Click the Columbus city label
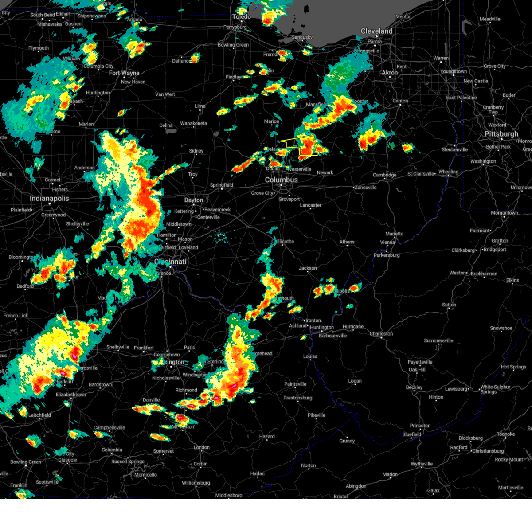click(x=281, y=180)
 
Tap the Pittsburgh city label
click(x=501, y=134)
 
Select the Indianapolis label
click(x=49, y=198)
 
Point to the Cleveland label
click(x=376, y=31)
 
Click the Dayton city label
click(x=194, y=200)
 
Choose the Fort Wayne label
click(x=124, y=73)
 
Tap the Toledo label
click(x=242, y=17)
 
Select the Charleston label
click(x=381, y=334)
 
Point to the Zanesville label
click(x=366, y=188)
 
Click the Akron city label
click(x=390, y=73)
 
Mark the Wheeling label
click(x=448, y=172)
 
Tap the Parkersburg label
click(x=387, y=255)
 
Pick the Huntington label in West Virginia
click(x=322, y=328)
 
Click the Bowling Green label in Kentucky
click(x=26, y=462)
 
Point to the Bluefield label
click(x=412, y=434)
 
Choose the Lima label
click(x=200, y=106)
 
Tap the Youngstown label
click(x=454, y=71)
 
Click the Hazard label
click(x=267, y=437)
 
